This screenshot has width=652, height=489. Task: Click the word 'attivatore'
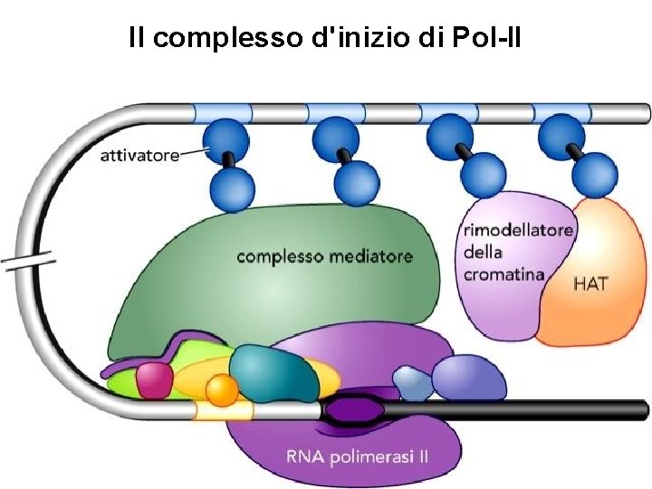tap(140, 156)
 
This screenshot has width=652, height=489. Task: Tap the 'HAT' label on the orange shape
tap(590, 283)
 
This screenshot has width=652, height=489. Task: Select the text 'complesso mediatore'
tap(324, 256)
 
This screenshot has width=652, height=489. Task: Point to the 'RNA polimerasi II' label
tap(357, 456)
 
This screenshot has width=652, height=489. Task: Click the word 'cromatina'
tap(503, 273)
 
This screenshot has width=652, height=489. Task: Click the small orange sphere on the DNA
tap(221, 390)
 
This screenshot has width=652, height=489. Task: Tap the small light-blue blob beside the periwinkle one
tap(411, 382)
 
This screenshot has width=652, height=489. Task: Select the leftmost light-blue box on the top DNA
tap(222, 113)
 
